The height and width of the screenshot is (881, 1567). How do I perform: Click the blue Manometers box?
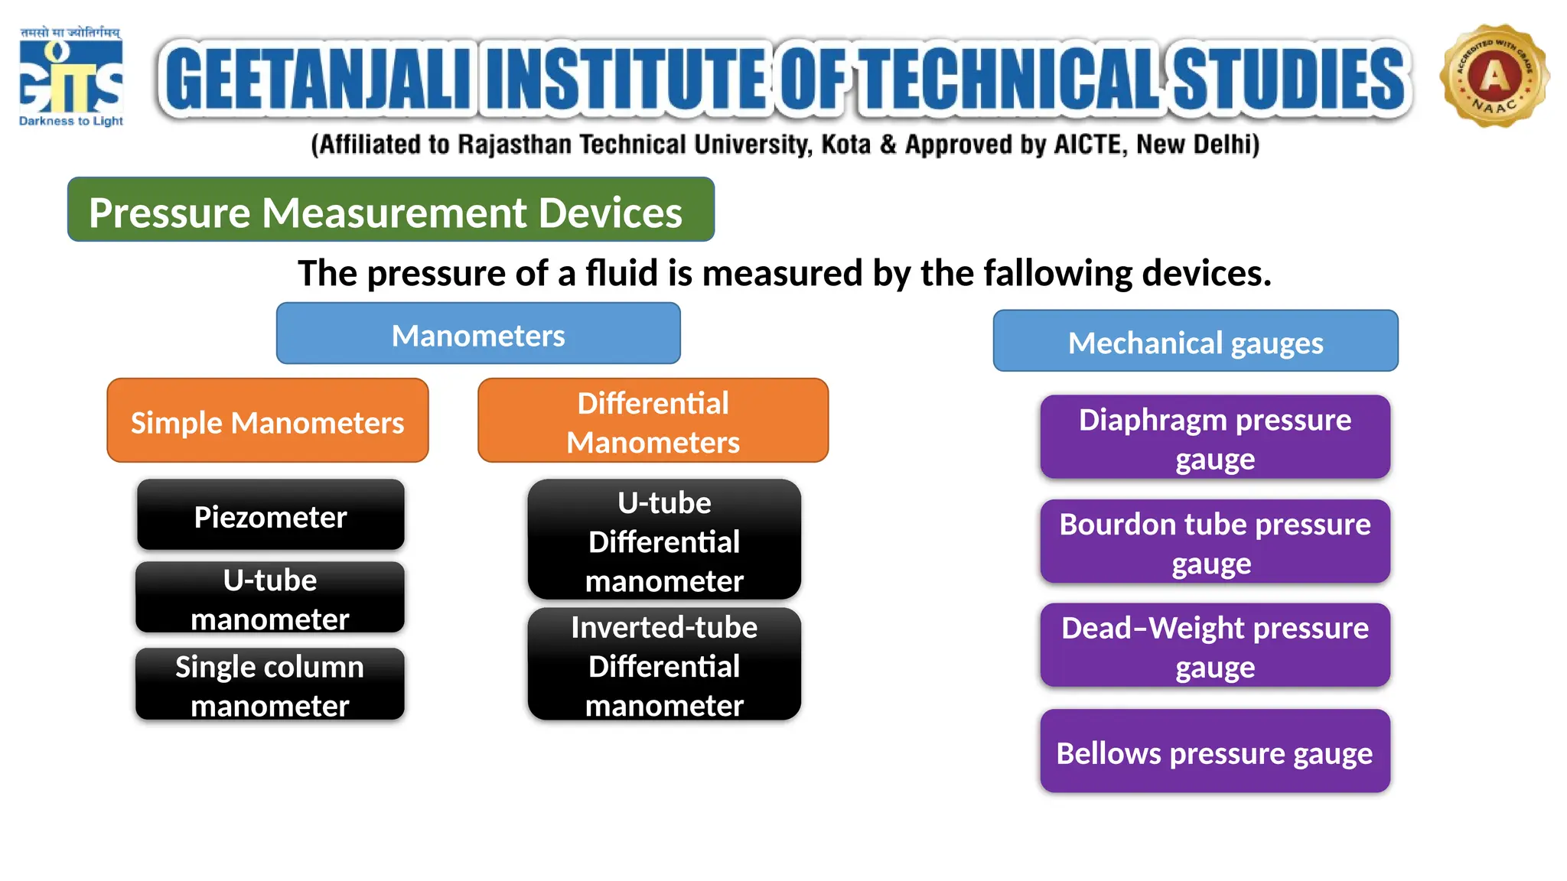[478, 334]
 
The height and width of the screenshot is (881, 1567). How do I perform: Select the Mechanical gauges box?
[1195, 341]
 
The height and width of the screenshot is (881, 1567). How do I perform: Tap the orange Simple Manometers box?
[268, 421]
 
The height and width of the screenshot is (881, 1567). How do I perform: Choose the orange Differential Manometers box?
[653, 421]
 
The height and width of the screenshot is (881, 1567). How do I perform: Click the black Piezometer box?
[270, 515]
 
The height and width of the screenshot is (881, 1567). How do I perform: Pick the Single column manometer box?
[270, 684]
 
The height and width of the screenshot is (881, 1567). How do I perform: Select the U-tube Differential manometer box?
[664, 540]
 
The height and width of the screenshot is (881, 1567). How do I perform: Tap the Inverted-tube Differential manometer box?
[664, 665]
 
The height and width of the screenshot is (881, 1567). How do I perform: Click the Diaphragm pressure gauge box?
[1215, 437]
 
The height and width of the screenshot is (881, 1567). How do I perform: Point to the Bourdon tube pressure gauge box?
[1215, 541]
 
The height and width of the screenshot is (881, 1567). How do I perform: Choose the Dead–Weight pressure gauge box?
[1215, 645]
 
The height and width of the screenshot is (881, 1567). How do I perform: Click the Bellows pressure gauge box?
[1215, 752]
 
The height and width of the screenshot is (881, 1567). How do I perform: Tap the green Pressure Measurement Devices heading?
[391, 210]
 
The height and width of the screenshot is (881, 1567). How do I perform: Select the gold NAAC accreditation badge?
[1494, 76]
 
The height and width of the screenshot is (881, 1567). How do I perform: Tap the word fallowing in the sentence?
[1057, 273]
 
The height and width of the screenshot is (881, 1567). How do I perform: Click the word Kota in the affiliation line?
[845, 145]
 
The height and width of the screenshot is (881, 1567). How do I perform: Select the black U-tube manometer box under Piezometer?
[270, 598]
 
